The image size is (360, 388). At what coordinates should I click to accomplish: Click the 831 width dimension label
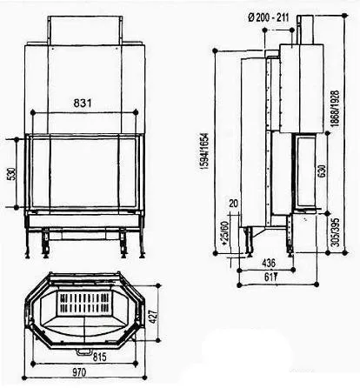point(83,103)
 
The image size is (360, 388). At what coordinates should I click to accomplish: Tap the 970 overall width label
point(78,372)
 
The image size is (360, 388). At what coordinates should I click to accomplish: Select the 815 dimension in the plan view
point(99,357)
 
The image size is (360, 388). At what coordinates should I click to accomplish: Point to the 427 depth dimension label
point(153,317)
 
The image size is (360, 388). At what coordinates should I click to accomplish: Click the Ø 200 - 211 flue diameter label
point(269,17)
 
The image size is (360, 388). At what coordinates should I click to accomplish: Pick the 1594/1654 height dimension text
point(206,151)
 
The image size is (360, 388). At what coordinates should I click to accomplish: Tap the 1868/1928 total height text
point(335,108)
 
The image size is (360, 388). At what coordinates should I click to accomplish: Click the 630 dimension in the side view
point(322,171)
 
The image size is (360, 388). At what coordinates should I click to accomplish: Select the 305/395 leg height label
point(335,232)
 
